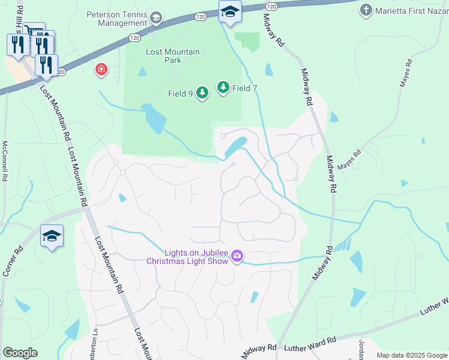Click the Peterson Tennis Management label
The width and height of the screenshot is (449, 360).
[116, 19]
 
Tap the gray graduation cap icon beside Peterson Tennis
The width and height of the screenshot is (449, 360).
[157, 18]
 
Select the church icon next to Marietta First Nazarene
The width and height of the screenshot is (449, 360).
[366, 10]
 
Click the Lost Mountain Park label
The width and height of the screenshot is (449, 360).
[173, 56]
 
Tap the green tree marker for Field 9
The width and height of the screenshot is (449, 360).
[202, 93]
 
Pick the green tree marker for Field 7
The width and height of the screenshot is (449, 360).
[223, 88]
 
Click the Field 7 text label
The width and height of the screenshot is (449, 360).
[245, 88]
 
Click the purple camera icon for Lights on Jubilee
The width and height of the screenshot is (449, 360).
[237, 256]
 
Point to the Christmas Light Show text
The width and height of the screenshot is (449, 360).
[188, 261]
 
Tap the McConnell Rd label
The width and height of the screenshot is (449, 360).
[5, 161]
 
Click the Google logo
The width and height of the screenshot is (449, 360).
[20, 353]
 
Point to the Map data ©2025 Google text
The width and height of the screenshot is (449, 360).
[411, 355]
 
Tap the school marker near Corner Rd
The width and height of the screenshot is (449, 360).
[52, 236]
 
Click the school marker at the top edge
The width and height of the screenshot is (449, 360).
[229, 12]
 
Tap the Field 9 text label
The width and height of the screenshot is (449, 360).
[181, 94]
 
